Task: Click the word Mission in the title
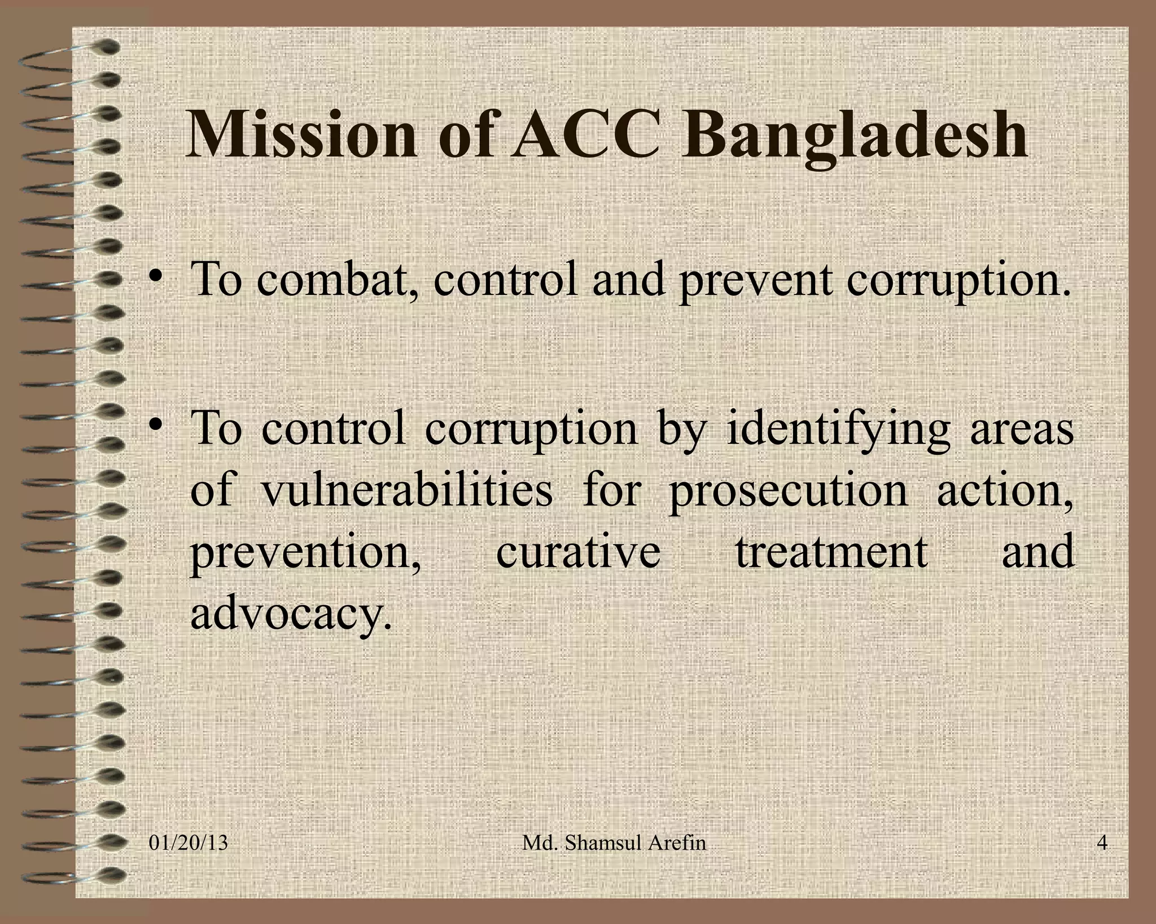(301, 135)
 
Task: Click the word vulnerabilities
(406, 490)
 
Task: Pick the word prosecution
(787, 490)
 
